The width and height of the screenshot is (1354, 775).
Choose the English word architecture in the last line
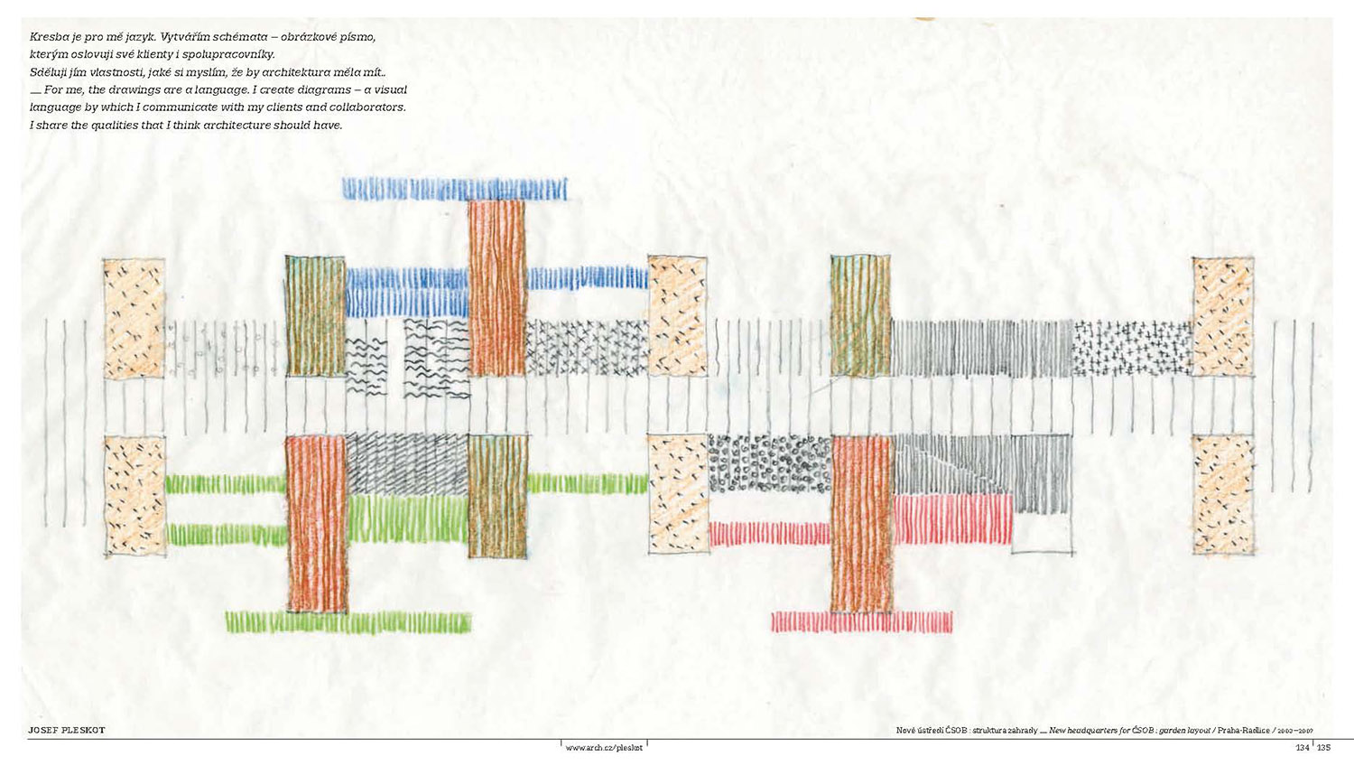click(236, 126)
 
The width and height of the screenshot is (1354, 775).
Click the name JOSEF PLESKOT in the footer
click(67, 730)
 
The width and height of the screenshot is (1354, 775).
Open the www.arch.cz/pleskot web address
click(604, 748)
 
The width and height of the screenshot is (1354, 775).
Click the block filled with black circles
click(769, 464)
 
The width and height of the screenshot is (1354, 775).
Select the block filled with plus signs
click(1132, 348)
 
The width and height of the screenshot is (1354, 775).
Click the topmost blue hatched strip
click(455, 188)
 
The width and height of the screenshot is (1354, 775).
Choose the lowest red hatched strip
click(862, 622)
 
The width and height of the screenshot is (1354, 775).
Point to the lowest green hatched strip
click(348, 622)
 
